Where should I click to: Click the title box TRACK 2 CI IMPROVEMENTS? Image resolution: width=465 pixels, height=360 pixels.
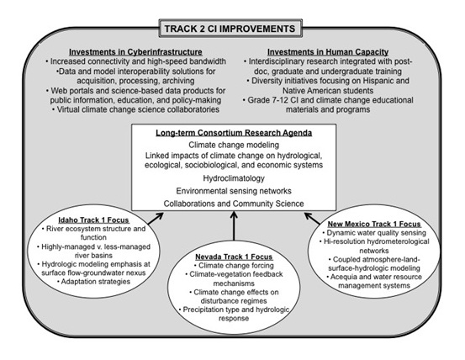[230, 29]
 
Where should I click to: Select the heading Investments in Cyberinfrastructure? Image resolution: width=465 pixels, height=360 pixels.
[135, 52]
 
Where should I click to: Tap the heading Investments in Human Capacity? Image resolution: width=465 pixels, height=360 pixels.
[328, 52]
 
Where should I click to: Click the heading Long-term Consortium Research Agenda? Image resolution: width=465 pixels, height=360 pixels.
[234, 133]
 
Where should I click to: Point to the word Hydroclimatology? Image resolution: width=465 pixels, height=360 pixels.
[234, 178]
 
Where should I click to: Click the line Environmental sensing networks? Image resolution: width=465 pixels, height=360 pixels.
[234, 191]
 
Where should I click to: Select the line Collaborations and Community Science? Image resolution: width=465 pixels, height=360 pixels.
[234, 204]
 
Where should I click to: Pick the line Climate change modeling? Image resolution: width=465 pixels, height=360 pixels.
[234, 145]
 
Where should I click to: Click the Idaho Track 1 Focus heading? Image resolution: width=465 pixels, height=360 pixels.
[93, 220]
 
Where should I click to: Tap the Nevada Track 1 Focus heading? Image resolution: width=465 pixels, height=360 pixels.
[234, 257]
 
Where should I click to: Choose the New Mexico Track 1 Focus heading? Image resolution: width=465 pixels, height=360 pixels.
[374, 224]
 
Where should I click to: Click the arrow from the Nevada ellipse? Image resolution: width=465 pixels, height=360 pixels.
[234, 226]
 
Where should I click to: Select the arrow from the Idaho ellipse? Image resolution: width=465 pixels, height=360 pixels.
[156, 218]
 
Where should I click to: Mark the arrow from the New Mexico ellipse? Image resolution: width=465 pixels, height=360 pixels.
[312, 218]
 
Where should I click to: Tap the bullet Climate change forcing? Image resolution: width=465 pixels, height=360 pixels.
[234, 266]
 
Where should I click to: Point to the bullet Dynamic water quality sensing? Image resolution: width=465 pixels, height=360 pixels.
[374, 233]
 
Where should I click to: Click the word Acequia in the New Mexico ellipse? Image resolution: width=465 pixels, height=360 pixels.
[343, 277]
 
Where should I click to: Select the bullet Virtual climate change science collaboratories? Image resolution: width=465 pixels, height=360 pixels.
[135, 109]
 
